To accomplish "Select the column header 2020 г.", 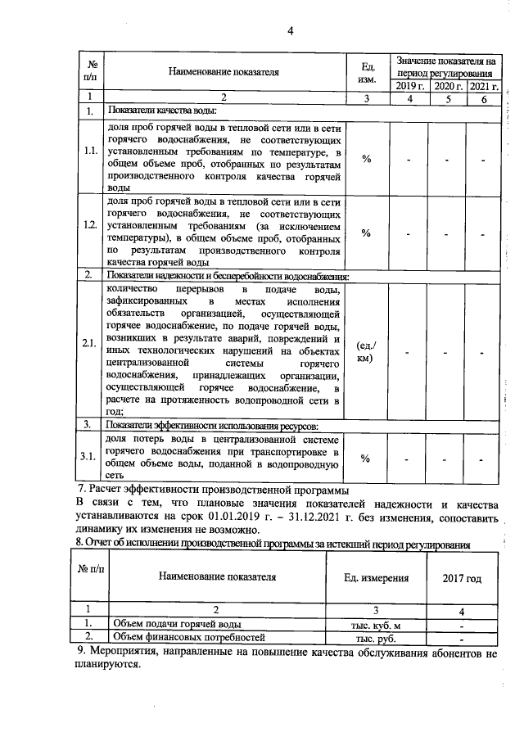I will coord(448,85).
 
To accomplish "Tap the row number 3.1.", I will coord(91,456).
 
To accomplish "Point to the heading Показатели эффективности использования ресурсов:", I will coord(212,425).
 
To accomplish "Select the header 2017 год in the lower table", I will coord(462,578).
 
